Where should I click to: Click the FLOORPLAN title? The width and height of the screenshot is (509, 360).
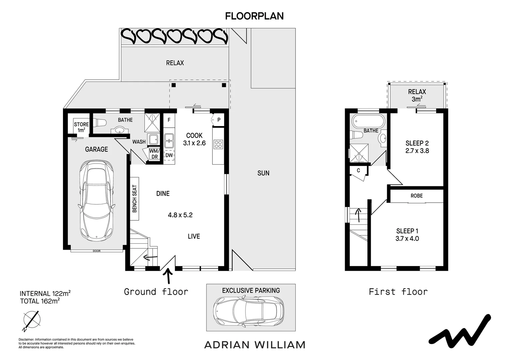pos(254,16)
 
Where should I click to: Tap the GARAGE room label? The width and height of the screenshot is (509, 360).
pos(96,149)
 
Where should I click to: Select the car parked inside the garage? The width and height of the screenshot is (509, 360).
pos(96,201)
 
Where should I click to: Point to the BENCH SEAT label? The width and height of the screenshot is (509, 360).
pos(135,199)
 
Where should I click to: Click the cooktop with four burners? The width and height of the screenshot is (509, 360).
pos(218,144)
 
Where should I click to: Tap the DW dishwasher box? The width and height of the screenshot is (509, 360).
pos(169,155)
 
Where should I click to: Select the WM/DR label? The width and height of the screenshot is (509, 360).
pos(155,154)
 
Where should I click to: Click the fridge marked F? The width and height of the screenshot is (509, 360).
pos(169,120)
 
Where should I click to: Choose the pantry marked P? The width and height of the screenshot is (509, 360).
pos(219,120)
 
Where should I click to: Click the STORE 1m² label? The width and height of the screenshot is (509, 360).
pos(81,127)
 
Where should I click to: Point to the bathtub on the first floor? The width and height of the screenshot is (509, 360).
pos(368,121)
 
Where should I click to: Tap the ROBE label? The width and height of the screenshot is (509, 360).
pos(416,196)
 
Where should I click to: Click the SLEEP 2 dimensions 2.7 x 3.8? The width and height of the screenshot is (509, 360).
pos(417,151)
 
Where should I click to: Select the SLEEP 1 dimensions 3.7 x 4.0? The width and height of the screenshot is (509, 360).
pos(407,239)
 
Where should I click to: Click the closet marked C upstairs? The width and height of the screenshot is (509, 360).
pos(358,171)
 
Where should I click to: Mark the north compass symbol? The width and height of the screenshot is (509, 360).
pos(32,320)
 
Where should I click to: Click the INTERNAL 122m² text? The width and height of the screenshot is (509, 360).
pos(45,293)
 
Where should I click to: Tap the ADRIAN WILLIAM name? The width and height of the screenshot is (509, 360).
pos(255,345)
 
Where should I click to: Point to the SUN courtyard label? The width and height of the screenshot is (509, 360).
pos(263,173)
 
